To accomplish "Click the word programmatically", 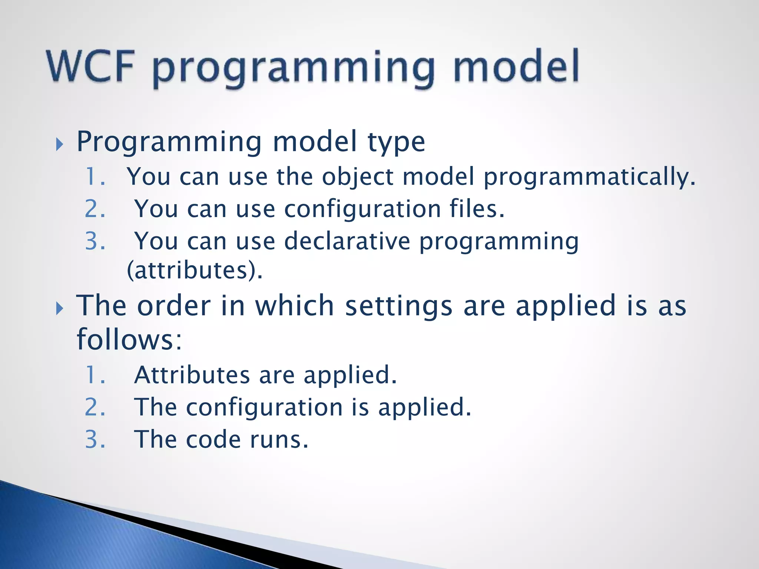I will click(589, 177).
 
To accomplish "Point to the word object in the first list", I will click(357, 177).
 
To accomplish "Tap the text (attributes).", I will click(195, 270).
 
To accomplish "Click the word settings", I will click(399, 306).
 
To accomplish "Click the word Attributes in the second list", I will click(192, 375).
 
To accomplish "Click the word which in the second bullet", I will click(295, 306).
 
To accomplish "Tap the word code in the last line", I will click(213, 440).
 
